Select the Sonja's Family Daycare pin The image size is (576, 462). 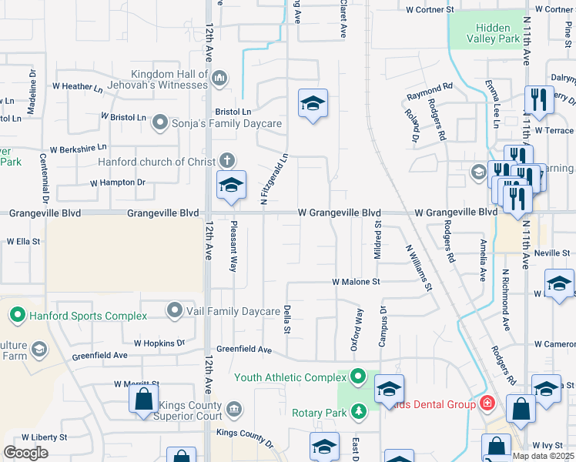point(160,122)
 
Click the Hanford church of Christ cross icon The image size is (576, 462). point(226,161)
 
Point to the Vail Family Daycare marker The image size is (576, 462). point(175,311)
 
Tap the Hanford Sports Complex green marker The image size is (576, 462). point(18,316)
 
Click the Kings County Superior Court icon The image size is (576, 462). point(234,407)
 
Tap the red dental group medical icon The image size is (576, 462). point(487,403)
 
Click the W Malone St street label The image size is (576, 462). point(357,283)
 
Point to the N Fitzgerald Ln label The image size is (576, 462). point(274,178)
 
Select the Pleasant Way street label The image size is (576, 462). point(233,247)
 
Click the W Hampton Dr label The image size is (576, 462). point(118,182)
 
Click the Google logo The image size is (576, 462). point(25,453)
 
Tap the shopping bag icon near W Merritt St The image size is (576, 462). point(143,400)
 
